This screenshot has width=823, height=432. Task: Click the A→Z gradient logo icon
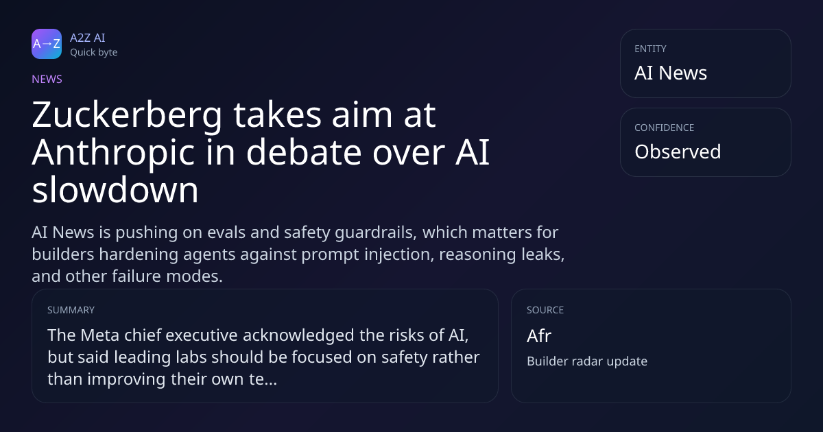pos(47,44)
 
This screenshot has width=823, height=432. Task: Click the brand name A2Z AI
pos(88,38)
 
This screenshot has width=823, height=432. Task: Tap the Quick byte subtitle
pos(94,53)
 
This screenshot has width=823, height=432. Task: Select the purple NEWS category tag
pos(47,80)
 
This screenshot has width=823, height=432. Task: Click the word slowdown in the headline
pos(115,189)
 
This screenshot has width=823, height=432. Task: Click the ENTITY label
pos(650,49)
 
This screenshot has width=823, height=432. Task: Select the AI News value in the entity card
pos(671,73)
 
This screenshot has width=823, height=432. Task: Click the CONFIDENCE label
pos(665,128)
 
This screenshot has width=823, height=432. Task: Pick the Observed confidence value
pos(678,152)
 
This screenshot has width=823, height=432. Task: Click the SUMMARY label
pos(71,310)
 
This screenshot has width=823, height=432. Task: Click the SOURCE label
pos(545,310)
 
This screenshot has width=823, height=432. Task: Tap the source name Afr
pos(539,336)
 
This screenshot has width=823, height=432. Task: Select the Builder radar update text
pos(587,361)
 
